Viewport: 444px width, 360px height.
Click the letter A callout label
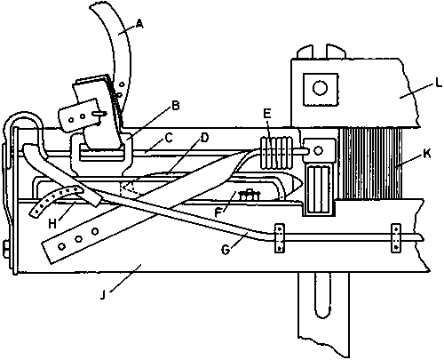tap(139, 23)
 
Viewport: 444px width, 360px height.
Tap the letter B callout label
tap(176, 106)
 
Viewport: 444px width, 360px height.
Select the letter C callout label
tap(169, 138)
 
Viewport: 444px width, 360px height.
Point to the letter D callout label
tap(204, 138)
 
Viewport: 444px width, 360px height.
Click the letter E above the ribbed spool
tap(267, 114)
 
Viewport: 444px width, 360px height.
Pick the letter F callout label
tap(218, 213)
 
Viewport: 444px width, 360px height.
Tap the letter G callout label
tap(226, 250)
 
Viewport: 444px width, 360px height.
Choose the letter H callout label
tap(52, 224)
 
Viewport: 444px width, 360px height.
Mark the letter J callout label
tap(103, 295)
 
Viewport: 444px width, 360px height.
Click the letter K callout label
tap(427, 154)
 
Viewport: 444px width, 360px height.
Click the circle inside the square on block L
tap(320, 88)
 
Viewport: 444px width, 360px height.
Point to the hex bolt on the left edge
tap(6, 250)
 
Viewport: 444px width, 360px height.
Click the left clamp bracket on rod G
tap(280, 238)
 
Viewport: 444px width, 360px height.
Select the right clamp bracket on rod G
tap(396, 238)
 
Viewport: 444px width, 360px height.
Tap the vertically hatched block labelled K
tap(369, 163)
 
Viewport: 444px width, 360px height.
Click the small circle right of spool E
tap(318, 151)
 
